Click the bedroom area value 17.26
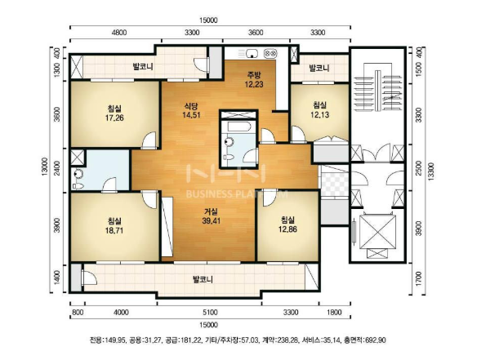(x=114, y=118)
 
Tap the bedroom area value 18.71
(x=114, y=230)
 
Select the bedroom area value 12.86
(x=287, y=229)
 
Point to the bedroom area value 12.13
(x=319, y=114)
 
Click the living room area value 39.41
(x=211, y=220)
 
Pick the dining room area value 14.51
(x=191, y=115)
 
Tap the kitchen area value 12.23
(x=254, y=84)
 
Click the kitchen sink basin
(x=252, y=53)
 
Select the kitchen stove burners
(x=271, y=53)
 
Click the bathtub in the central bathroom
(x=238, y=127)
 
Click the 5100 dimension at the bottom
(x=210, y=313)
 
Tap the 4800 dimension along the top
(x=119, y=33)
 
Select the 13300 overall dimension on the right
(x=431, y=171)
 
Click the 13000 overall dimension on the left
(x=45, y=167)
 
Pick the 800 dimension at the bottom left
(x=78, y=313)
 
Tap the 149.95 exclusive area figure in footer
(x=116, y=340)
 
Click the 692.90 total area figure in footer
(x=376, y=340)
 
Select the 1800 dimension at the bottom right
(x=334, y=313)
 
